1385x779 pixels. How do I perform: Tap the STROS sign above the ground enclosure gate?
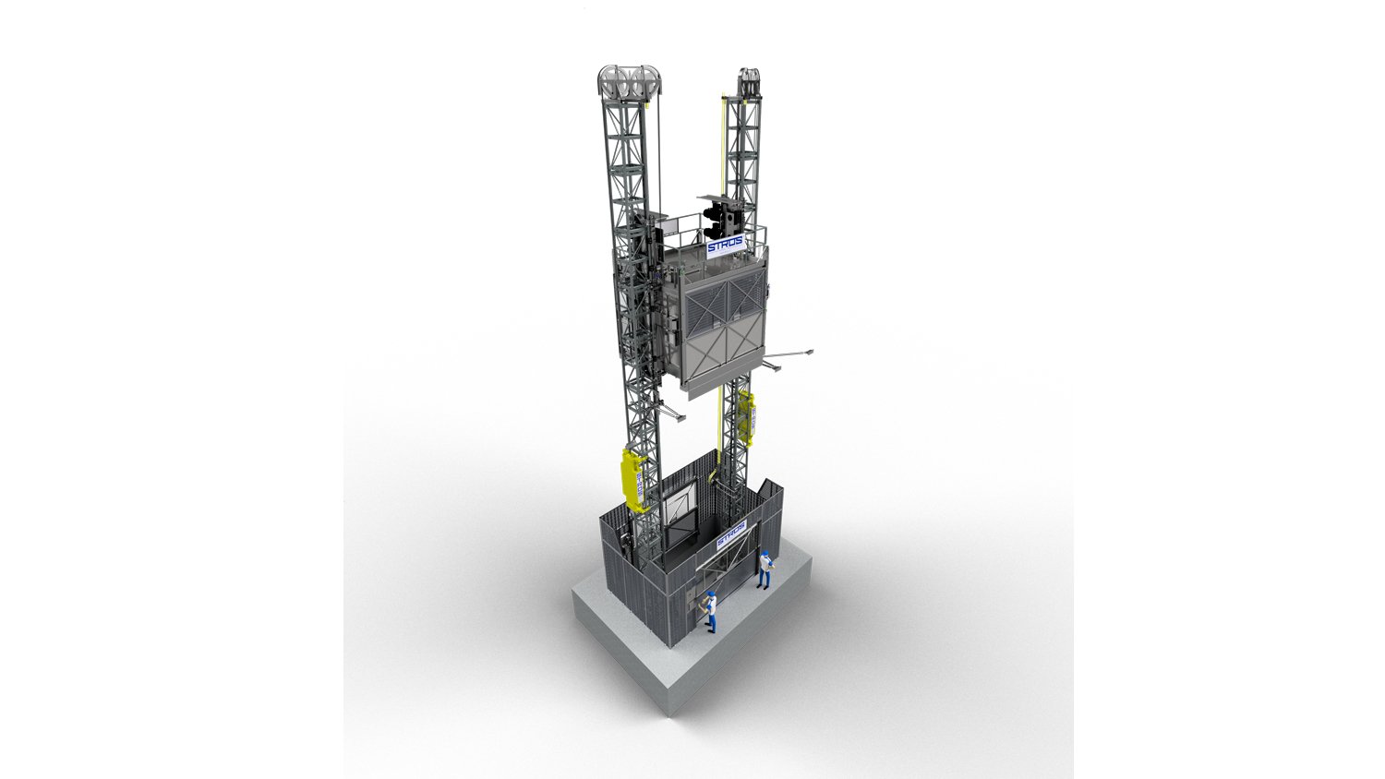[x=730, y=537]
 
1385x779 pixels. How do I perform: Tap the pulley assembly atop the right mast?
[x=748, y=81]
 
